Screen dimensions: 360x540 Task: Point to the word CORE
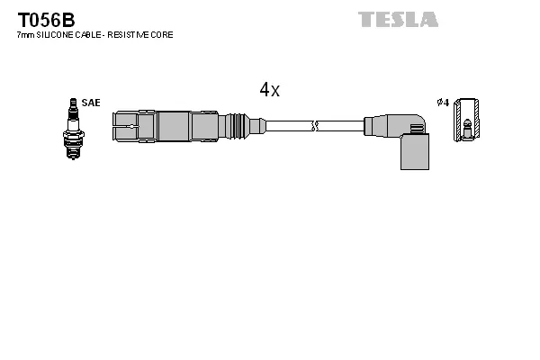click(162, 34)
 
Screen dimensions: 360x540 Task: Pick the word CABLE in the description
click(85, 34)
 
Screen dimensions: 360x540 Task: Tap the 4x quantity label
click(269, 90)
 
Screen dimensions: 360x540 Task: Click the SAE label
click(91, 103)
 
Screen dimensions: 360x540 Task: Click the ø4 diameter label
click(442, 103)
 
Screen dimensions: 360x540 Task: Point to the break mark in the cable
click(314, 124)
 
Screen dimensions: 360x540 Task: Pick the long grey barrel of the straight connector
click(187, 124)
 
